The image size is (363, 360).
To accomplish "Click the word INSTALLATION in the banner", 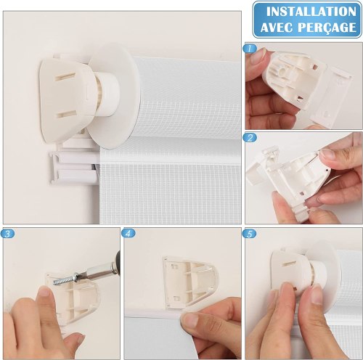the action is click(x=311, y=12).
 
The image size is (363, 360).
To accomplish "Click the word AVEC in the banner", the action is click(x=277, y=27).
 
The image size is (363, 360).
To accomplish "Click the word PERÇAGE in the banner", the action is click(x=327, y=28).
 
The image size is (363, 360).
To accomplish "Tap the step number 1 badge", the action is click(x=250, y=49).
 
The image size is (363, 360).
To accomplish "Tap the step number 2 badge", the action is click(x=250, y=138).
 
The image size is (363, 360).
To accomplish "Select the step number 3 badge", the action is click(x=7, y=234).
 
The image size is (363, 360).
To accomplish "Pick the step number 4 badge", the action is click(x=129, y=233).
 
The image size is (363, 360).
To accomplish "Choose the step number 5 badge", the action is click(x=250, y=234).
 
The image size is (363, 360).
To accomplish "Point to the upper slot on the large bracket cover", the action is click(x=64, y=77).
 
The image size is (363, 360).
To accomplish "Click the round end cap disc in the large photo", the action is click(x=113, y=96).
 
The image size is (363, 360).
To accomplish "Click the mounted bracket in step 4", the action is click(x=190, y=283).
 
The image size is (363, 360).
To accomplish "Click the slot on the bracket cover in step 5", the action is click(x=290, y=263).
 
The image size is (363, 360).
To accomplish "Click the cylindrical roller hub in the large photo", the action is click(x=107, y=94).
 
